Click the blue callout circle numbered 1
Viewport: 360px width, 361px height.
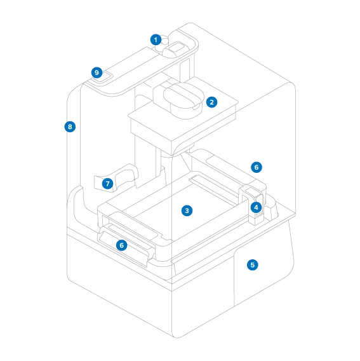click(x=156, y=40)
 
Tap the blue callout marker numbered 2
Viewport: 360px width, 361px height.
click(x=211, y=102)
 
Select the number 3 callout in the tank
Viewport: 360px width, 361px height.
click(x=187, y=210)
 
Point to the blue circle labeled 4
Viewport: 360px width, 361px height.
click(x=256, y=207)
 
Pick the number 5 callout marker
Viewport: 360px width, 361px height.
click(x=252, y=265)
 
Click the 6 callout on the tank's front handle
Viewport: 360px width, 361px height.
click(x=122, y=245)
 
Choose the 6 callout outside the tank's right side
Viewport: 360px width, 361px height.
click(x=257, y=167)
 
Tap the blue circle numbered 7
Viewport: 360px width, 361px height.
click(x=107, y=184)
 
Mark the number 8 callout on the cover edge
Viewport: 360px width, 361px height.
click(x=70, y=126)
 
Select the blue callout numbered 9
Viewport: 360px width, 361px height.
click(x=97, y=72)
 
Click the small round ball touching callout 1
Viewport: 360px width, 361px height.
click(x=165, y=41)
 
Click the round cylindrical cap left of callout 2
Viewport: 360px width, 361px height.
click(x=184, y=100)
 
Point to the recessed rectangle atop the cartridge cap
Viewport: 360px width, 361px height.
click(x=177, y=48)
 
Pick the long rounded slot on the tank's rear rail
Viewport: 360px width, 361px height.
click(x=230, y=167)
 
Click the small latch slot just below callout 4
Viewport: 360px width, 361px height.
click(x=259, y=215)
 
